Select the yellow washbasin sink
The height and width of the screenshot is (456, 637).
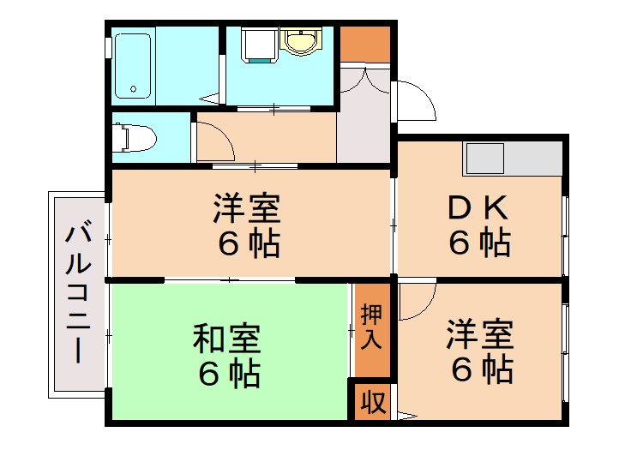299,40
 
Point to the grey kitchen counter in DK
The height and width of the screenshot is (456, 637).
513,159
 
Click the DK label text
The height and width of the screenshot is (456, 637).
479,209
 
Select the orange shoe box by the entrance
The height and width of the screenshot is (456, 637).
364,43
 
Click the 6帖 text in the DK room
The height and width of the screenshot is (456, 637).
479,243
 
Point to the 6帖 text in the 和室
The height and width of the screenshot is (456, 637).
226,375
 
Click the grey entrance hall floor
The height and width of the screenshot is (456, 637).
364,129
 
